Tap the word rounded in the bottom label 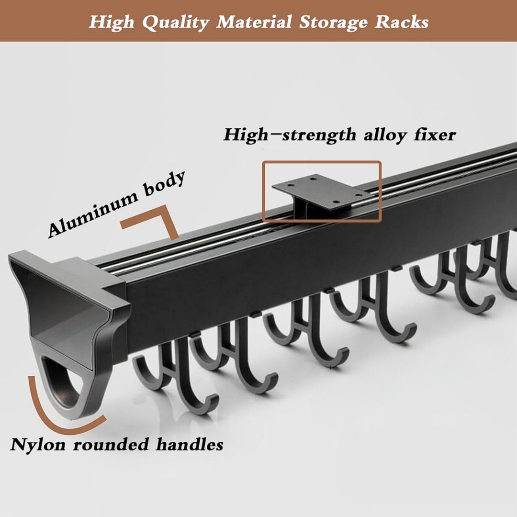click(x=112, y=444)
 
